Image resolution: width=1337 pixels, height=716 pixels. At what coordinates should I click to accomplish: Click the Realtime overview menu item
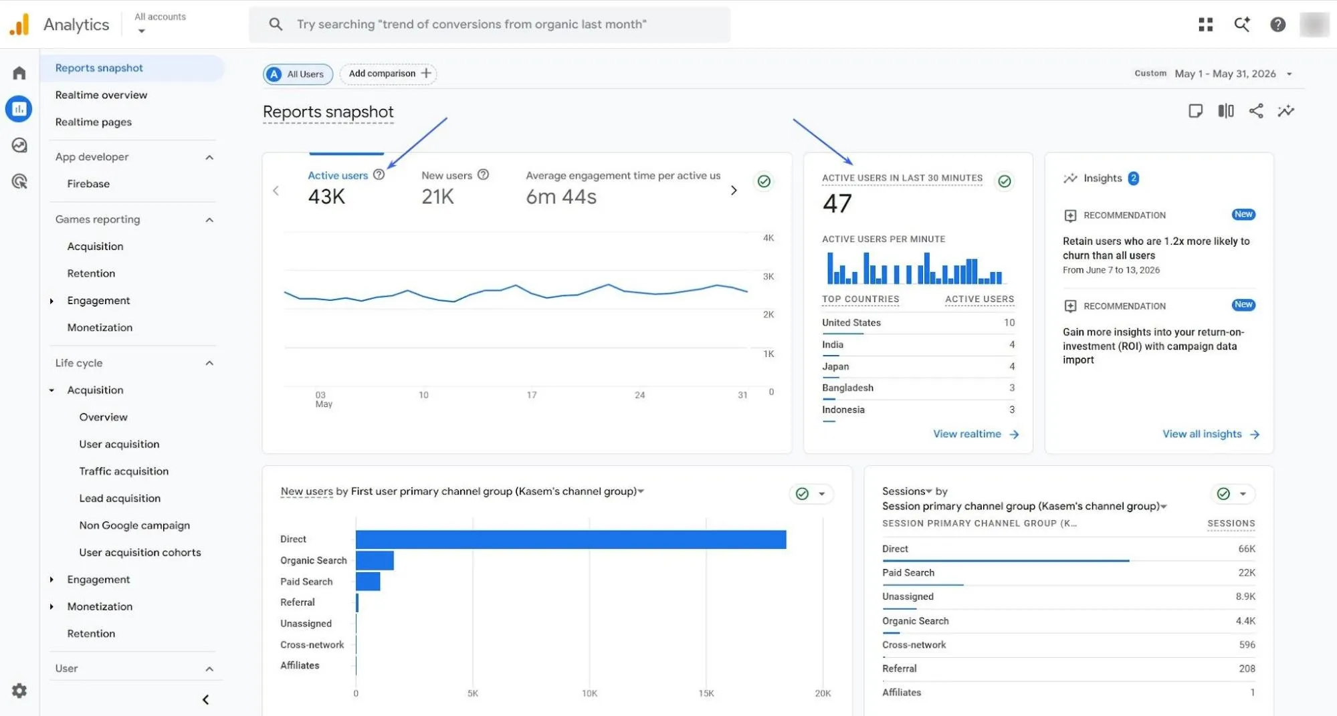101,95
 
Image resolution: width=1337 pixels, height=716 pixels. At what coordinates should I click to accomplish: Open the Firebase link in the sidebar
88,184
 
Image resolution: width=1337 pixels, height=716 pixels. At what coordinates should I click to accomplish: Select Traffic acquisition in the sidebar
124,471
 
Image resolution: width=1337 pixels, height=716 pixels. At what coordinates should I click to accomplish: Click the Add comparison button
389,74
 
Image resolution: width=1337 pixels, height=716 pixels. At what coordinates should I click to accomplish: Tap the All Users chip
298,74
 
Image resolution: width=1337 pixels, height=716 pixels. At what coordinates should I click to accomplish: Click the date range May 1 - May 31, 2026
1225,74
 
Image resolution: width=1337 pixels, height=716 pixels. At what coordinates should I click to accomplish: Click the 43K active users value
326,197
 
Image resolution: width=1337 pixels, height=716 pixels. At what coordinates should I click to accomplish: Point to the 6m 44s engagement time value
561,197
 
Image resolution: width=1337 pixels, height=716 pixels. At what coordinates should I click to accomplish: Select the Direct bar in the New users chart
571,540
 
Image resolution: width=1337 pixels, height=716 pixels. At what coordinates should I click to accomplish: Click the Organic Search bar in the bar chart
375,560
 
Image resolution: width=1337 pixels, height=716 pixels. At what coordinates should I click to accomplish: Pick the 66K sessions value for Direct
1246,549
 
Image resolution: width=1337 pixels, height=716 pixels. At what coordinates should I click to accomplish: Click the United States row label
851,322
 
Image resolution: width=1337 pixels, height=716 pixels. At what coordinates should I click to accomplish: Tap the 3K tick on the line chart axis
768,276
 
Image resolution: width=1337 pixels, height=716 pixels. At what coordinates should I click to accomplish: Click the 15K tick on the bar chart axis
706,693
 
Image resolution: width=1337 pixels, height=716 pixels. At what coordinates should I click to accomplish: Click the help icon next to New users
483,174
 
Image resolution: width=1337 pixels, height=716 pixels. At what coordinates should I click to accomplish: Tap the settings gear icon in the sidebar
19,691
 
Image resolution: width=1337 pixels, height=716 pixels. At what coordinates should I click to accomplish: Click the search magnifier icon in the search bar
276,24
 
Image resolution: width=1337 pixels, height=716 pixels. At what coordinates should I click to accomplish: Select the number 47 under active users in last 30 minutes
837,203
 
